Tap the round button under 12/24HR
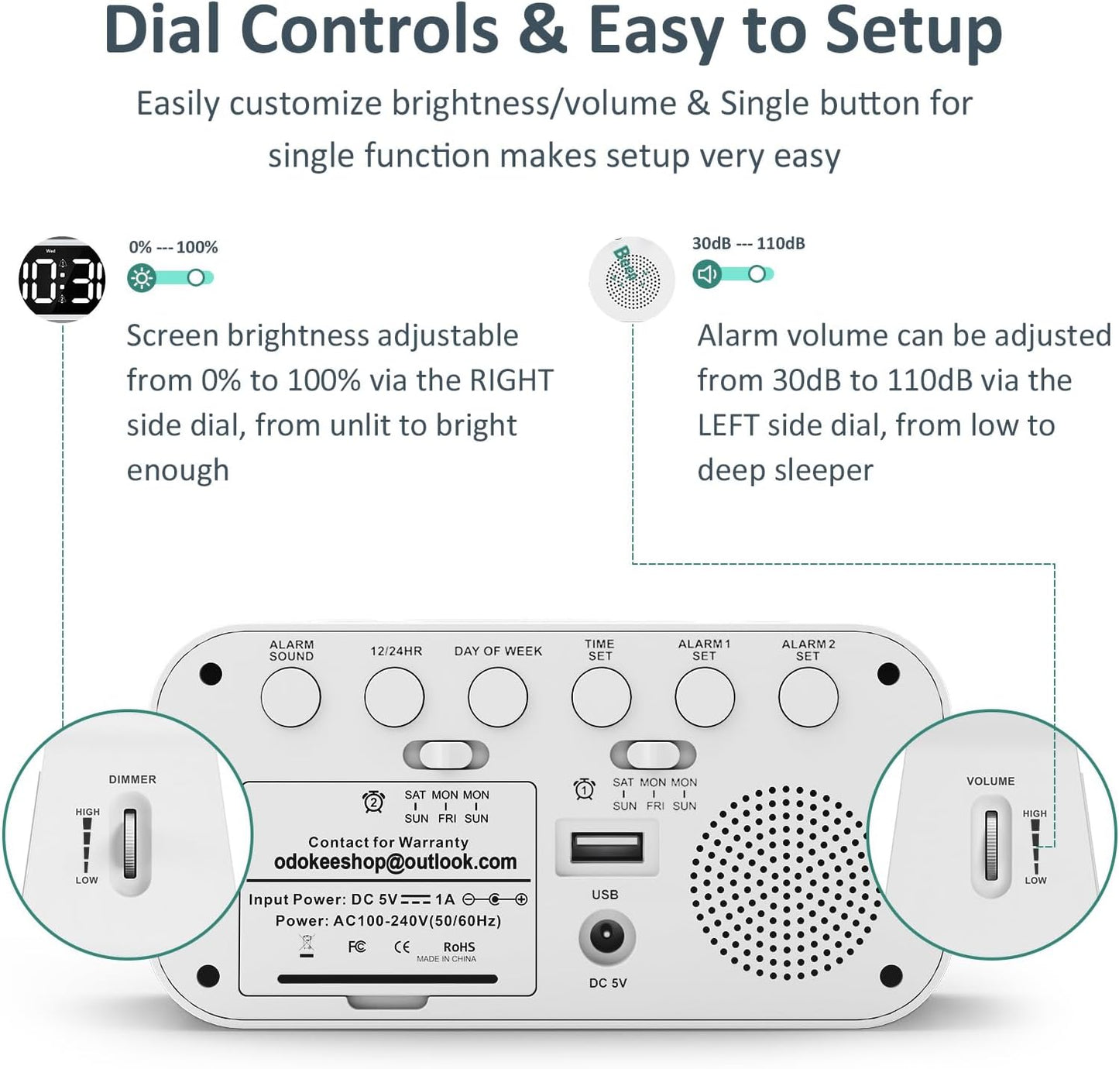click(394, 697)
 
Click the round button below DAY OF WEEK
click(498, 697)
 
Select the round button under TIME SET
click(601, 697)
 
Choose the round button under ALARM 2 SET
click(808, 697)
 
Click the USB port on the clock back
click(606, 847)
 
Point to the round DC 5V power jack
click(606, 937)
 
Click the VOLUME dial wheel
click(991, 846)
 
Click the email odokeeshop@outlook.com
click(395, 862)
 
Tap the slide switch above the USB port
click(653, 754)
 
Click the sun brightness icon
click(142, 277)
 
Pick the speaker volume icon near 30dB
click(706, 274)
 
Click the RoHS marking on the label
click(458, 947)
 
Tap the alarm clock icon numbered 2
click(373, 802)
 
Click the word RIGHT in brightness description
click(511, 380)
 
